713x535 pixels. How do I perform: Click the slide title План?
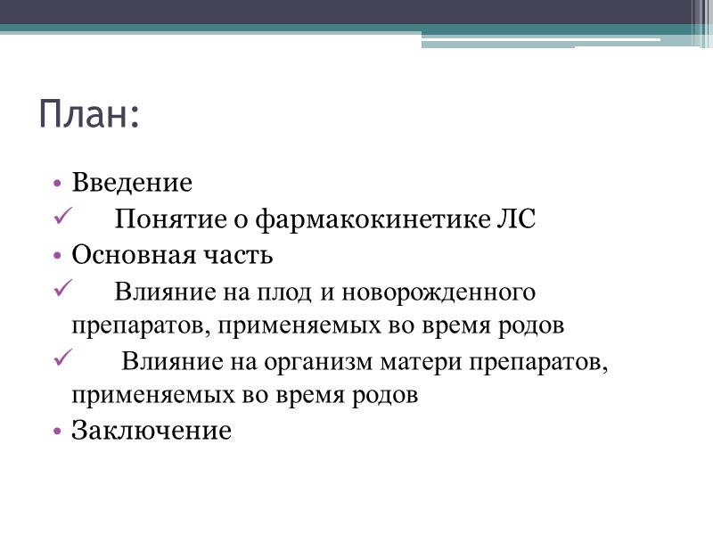[x=89, y=116]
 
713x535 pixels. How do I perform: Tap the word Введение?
[x=132, y=184]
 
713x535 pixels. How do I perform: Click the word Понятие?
[x=158, y=219]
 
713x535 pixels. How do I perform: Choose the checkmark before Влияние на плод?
[x=61, y=289]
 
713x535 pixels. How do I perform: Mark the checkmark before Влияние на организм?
[x=61, y=360]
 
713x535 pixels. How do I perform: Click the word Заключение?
[x=152, y=432]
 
